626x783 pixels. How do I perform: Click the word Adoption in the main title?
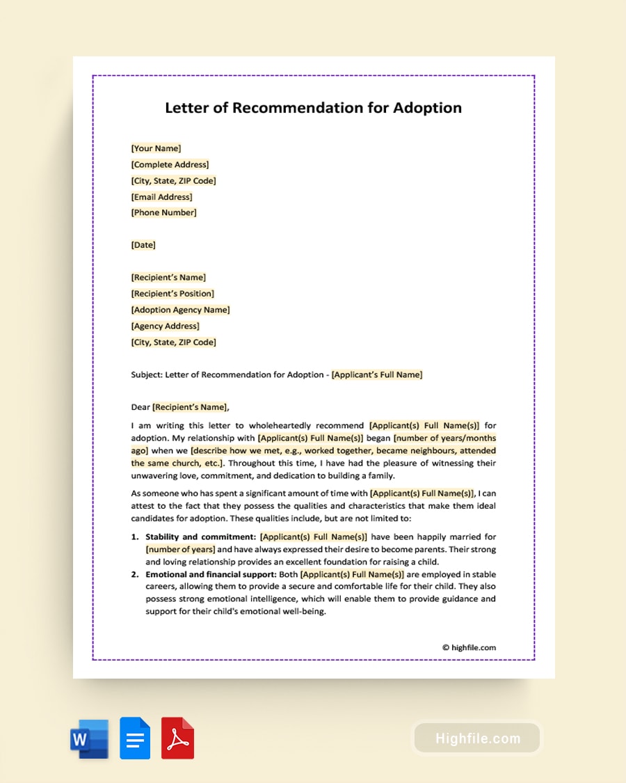427,108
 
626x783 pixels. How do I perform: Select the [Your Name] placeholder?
156,148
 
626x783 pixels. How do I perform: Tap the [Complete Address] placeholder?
170,165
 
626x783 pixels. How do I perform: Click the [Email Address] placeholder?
161,197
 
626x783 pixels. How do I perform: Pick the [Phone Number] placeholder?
163,213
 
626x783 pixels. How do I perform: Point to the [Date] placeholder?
143,245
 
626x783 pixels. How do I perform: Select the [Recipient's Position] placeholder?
172,294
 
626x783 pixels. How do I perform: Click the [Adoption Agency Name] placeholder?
180,310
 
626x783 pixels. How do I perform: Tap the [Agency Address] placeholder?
165,326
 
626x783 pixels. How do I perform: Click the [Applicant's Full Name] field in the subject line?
377,374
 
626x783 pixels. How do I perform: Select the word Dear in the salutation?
141,407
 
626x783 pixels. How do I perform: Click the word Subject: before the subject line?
147,374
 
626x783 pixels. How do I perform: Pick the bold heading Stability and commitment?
200,537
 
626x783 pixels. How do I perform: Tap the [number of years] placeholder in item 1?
180,549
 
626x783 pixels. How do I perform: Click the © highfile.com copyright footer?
469,647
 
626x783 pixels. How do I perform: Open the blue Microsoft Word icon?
89,738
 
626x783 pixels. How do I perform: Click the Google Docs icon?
135,738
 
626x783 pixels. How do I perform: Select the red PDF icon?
177,738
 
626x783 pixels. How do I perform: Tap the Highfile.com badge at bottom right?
477,738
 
